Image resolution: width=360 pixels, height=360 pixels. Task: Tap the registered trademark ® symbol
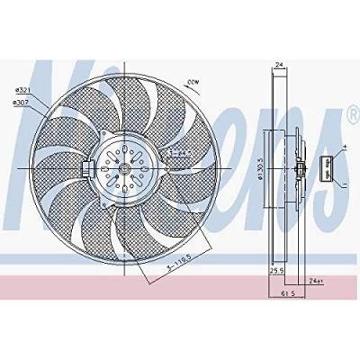[349, 114]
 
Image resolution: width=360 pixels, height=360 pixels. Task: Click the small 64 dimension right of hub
[180, 154]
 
